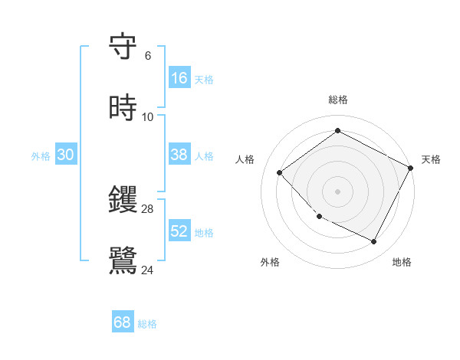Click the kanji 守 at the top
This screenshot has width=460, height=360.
[123, 47]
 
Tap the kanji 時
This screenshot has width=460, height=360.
[123, 109]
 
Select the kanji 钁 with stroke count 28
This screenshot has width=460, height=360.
[123, 201]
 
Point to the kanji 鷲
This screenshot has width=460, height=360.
[123, 260]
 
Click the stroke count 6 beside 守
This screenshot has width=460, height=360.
[148, 56]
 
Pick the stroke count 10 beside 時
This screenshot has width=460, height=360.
[148, 116]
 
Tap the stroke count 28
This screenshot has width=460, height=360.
[148, 208]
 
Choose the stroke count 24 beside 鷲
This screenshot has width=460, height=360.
[148, 269]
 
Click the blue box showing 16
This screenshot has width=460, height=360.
[179, 78]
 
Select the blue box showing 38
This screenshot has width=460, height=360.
[179, 155]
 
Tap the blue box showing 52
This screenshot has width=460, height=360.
[179, 231]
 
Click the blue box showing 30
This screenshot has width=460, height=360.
[66, 155]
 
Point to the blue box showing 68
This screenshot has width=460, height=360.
[123, 322]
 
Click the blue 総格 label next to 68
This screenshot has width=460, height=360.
[147, 324]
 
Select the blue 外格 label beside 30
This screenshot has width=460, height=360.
[41, 156]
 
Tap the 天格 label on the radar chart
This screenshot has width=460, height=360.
[431, 159]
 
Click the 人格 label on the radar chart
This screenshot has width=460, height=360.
[245, 159]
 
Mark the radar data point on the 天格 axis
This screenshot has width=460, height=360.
[411, 168]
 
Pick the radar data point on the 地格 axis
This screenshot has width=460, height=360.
[374, 242]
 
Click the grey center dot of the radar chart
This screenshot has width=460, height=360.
[337, 191]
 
